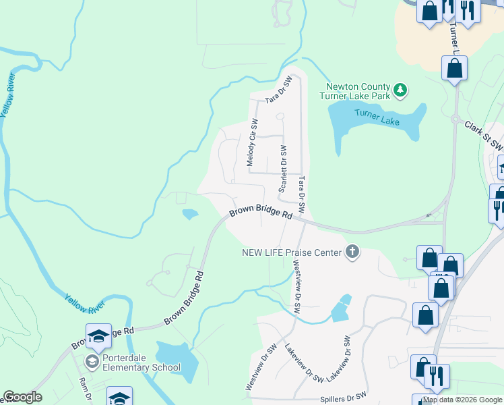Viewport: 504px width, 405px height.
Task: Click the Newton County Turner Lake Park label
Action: pyautogui.click(x=357, y=91)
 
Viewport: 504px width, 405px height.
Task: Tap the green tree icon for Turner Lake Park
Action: pyautogui.click(x=400, y=89)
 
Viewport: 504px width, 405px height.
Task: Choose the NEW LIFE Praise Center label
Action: pyautogui.click(x=292, y=252)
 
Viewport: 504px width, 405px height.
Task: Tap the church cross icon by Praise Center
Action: pyautogui.click(x=351, y=252)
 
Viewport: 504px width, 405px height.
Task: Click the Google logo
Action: pyautogui.click(x=23, y=397)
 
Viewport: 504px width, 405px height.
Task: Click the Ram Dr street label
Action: pyautogui.click(x=85, y=390)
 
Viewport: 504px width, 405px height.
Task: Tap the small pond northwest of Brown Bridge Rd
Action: pyautogui.click(x=190, y=215)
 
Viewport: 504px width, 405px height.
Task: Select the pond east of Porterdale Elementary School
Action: pyautogui.click(x=177, y=358)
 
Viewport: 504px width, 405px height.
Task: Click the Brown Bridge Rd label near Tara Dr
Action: pyautogui.click(x=259, y=213)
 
